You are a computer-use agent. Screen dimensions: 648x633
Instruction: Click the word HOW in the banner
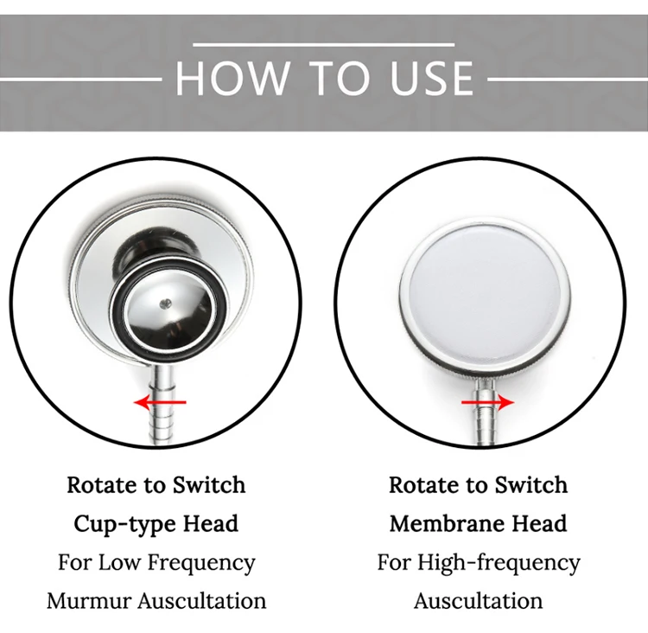232,78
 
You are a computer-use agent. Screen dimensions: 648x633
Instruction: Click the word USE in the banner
431,78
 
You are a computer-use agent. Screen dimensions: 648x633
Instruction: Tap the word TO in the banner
339,78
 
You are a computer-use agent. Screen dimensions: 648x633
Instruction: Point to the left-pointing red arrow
160,402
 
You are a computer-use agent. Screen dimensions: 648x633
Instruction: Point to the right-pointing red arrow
487,402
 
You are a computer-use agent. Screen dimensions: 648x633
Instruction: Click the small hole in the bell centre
166,304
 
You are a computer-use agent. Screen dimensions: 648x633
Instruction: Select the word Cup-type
124,524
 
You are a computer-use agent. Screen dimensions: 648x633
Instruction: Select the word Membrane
447,523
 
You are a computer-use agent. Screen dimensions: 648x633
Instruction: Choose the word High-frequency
499,563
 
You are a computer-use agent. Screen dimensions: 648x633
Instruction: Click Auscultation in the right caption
478,601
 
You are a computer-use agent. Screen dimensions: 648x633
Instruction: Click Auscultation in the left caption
202,601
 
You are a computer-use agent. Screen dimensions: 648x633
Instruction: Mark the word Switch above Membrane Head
531,485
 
